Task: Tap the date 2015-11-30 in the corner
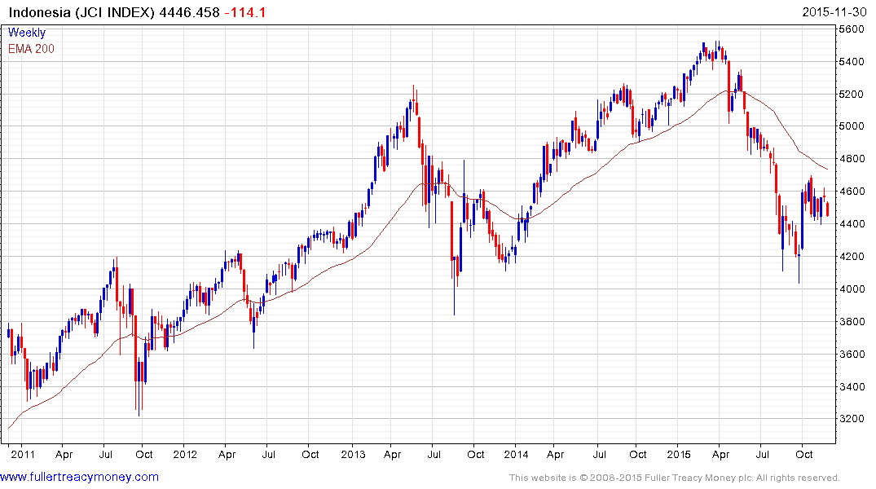(836, 12)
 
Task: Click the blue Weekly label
(27, 33)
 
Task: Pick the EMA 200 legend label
(32, 49)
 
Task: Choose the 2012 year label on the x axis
(185, 454)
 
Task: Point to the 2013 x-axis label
(353, 454)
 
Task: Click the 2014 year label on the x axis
(516, 454)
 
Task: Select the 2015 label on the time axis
(679, 454)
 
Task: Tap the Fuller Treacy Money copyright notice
(674, 478)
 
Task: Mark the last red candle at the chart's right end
(828, 209)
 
